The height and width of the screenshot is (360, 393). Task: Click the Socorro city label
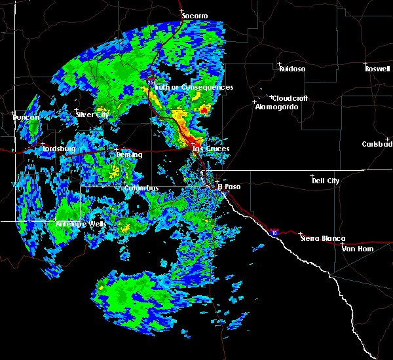click(195, 15)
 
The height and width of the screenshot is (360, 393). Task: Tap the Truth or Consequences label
click(195, 87)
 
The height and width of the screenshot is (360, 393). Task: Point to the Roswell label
click(377, 68)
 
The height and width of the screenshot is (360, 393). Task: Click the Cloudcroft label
click(290, 98)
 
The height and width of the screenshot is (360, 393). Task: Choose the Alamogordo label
click(272, 107)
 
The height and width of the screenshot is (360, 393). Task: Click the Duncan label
click(27, 117)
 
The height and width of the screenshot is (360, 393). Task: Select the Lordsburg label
click(60, 149)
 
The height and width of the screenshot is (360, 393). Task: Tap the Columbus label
click(141, 189)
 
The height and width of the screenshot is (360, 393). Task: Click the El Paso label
click(229, 187)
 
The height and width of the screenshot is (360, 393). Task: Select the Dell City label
click(326, 181)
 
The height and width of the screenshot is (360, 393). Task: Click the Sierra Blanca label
click(323, 239)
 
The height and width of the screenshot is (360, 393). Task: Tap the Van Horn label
click(357, 249)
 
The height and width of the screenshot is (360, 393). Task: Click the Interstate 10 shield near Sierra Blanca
click(274, 232)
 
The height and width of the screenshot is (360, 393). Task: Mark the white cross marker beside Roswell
click(365, 64)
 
